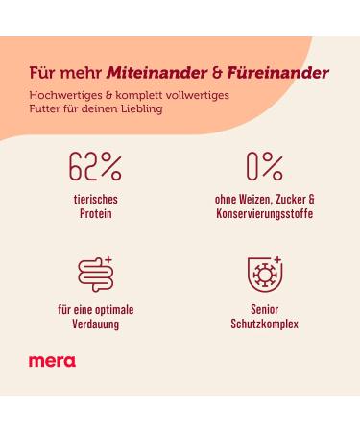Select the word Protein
tap(95, 213)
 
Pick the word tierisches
tap(95, 199)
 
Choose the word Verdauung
tap(95, 324)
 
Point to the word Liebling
tap(140, 108)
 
